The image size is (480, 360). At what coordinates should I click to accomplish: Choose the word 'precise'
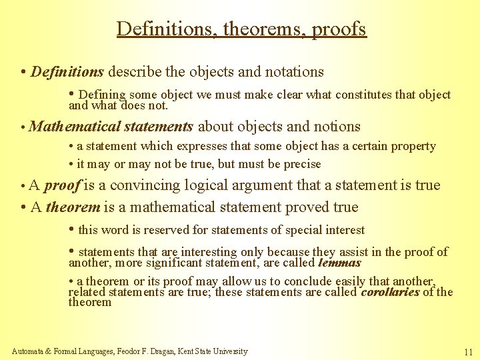(299, 164)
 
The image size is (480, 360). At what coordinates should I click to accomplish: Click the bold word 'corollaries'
(390, 292)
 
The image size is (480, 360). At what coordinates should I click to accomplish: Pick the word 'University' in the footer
(231, 351)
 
